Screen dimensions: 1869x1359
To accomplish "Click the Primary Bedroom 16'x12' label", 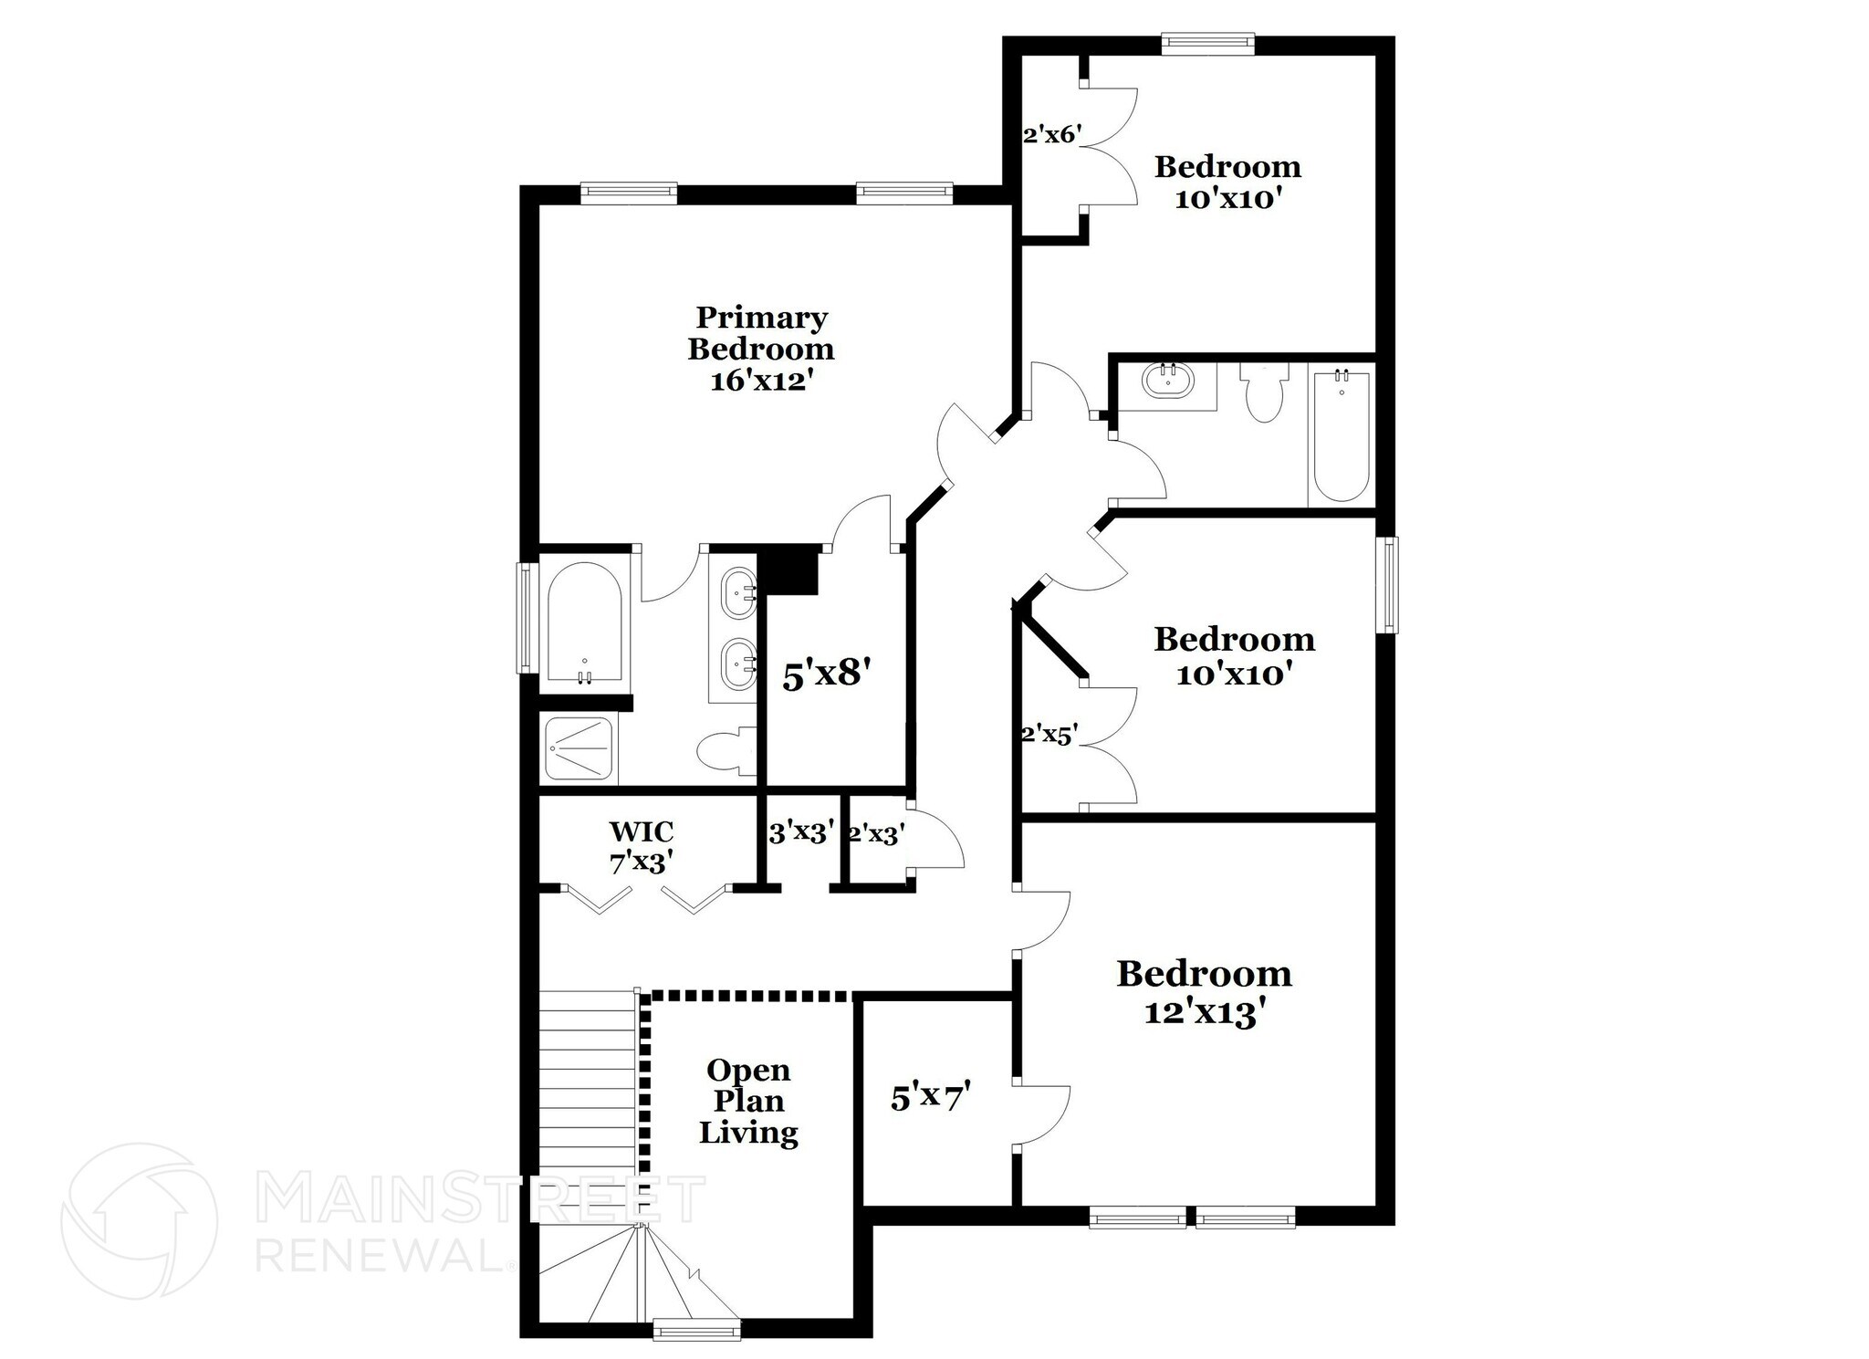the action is pyautogui.click(x=761, y=349).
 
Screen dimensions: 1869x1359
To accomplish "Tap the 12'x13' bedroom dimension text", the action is pyautogui.click(x=1204, y=1012).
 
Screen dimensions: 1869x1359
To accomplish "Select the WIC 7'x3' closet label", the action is pyautogui.click(x=642, y=846).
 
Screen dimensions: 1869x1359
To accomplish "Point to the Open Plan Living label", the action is pyautogui.click(x=748, y=1101).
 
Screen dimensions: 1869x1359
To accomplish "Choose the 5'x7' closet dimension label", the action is pyautogui.click(x=929, y=1096).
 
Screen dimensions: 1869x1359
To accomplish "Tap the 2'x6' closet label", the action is pyautogui.click(x=1052, y=135).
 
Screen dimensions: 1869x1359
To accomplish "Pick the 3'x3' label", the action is pyautogui.click(x=801, y=832).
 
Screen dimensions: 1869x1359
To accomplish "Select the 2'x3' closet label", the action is pyautogui.click(x=876, y=834).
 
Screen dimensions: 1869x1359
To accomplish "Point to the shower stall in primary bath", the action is pyautogui.click(x=579, y=749).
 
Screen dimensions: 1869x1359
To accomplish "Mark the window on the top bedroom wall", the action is pyautogui.click(x=1208, y=43).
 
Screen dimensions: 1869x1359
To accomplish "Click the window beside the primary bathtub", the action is pyautogui.click(x=527, y=618).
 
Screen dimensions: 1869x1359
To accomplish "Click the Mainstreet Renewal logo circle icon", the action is pyautogui.click(x=139, y=1221).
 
